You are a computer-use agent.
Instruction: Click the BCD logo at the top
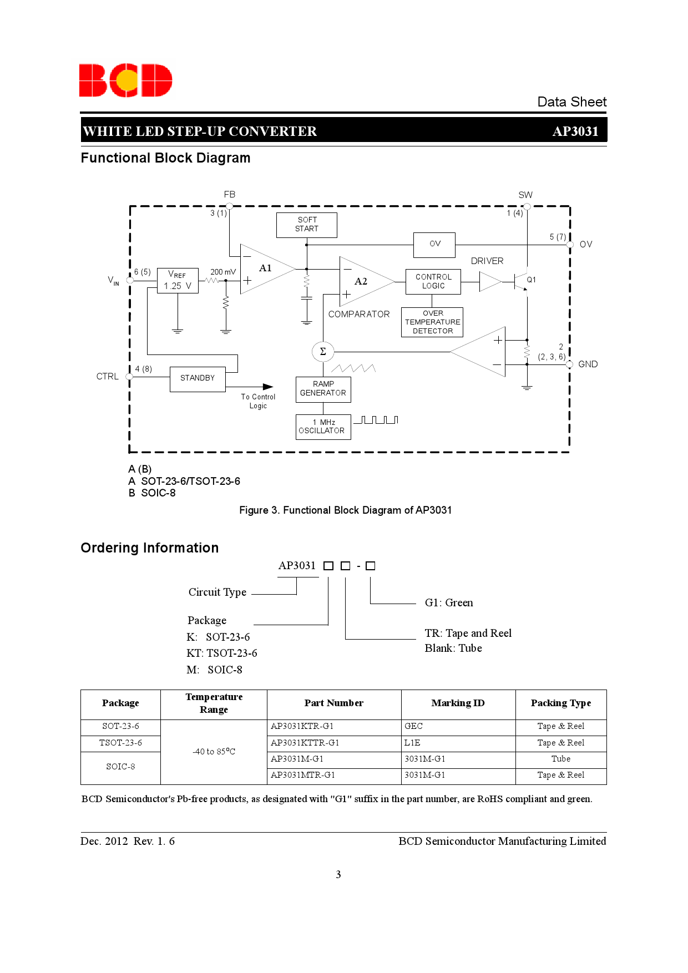click(125, 80)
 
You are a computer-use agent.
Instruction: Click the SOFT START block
click(307, 225)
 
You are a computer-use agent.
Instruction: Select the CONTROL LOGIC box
click(433, 281)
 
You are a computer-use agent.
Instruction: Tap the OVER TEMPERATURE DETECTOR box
click(432, 322)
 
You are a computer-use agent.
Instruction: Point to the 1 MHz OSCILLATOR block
click(323, 427)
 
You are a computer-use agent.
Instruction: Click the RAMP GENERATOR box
click(323, 389)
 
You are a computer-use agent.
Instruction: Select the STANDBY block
click(198, 378)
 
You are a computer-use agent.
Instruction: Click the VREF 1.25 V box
click(178, 281)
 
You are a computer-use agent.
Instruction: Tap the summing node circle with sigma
click(323, 351)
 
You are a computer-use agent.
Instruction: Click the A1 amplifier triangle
click(264, 270)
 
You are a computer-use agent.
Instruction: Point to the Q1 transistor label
click(532, 280)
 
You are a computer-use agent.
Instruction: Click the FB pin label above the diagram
click(230, 195)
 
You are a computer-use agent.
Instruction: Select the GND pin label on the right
click(588, 364)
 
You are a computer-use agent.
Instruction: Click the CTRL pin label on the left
click(107, 377)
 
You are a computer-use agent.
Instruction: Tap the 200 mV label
click(222, 272)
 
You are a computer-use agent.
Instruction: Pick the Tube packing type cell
click(560, 759)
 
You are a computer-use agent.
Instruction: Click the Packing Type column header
click(560, 703)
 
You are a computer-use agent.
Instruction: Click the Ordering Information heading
click(150, 548)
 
